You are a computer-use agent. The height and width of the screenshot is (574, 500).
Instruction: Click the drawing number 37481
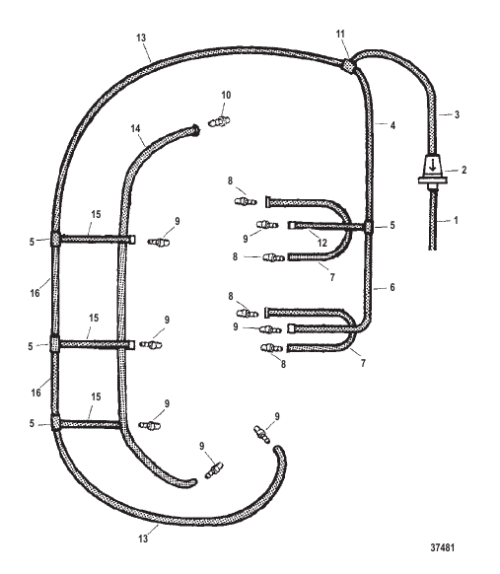442,547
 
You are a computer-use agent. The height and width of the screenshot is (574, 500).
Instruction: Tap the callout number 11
340,35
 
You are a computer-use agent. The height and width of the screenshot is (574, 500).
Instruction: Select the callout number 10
226,96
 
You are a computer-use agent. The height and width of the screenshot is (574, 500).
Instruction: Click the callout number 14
135,128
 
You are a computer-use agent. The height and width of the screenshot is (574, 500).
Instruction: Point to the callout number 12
322,243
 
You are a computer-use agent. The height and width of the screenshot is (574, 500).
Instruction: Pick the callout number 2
464,170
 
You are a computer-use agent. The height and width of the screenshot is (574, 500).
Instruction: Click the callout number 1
456,220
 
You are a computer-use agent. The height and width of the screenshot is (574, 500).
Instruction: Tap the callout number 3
457,114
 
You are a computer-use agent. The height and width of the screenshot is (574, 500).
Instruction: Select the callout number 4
393,125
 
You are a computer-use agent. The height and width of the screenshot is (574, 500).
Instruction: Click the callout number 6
393,287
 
